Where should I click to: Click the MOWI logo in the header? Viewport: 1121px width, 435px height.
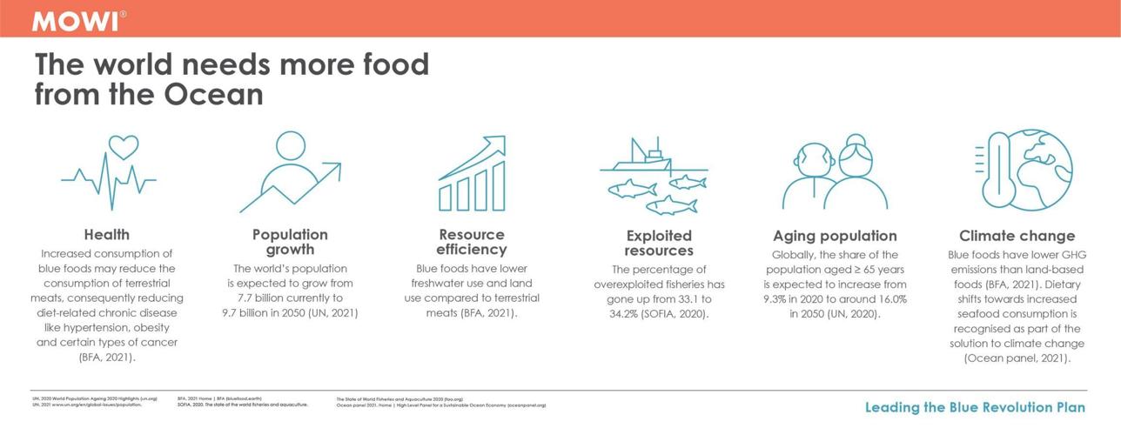click(77, 21)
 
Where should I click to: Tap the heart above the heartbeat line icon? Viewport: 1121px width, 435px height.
click(124, 146)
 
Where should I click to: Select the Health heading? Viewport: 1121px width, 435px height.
click(106, 234)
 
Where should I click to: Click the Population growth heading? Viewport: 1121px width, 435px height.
click(290, 242)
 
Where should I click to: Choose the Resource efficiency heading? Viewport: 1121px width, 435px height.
click(472, 242)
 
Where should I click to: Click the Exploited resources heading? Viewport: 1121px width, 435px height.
click(658, 243)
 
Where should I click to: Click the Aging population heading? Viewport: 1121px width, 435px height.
click(835, 235)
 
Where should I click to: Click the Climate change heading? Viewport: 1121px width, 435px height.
click(1017, 235)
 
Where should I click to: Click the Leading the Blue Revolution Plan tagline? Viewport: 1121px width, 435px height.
click(975, 407)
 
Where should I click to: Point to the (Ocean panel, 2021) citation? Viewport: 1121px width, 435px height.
click(1017, 358)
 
